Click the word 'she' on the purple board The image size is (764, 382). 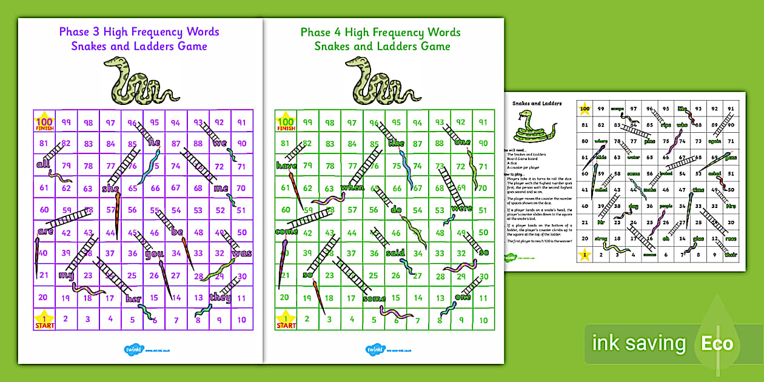(x=110, y=189)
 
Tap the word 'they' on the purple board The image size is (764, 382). (x=219, y=297)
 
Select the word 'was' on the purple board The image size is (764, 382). (x=241, y=253)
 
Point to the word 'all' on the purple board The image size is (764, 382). (x=43, y=164)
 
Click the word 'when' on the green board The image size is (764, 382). (x=352, y=188)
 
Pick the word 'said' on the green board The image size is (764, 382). (x=395, y=253)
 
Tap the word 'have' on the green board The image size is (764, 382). (x=285, y=166)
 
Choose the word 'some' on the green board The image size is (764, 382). (x=374, y=298)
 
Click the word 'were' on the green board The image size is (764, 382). (x=461, y=209)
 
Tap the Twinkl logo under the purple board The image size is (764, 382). (x=133, y=350)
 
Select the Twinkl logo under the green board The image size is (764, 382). (x=374, y=350)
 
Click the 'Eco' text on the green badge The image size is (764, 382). (x=717, y=344)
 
